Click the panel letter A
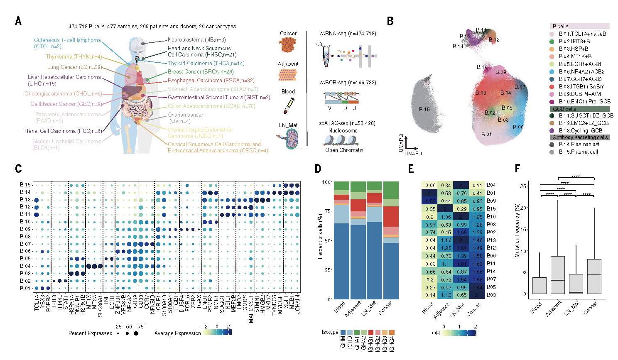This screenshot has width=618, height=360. click(18, 21)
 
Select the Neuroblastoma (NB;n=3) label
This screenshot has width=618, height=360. click(196, 40)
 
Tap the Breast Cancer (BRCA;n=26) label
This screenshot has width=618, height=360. click(200, 72)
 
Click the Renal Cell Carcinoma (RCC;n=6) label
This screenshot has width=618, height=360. click(63, 131)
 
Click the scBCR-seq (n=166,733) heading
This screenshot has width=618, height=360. click(348, 83)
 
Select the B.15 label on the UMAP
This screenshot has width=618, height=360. click(424, 110)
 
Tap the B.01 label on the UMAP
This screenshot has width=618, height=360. click(486, 134)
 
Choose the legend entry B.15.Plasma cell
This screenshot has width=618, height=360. click(578, 152)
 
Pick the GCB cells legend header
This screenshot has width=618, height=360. click(564, 109)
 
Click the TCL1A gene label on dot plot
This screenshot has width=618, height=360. click(37, 303)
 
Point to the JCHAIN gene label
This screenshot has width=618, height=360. click(297, 302)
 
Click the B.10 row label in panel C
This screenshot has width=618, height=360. click(25, 222)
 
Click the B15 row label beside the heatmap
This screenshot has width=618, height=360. click(491, 209)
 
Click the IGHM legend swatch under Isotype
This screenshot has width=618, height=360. click(343, 333)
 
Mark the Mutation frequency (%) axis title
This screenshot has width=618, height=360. click(517, 230)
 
